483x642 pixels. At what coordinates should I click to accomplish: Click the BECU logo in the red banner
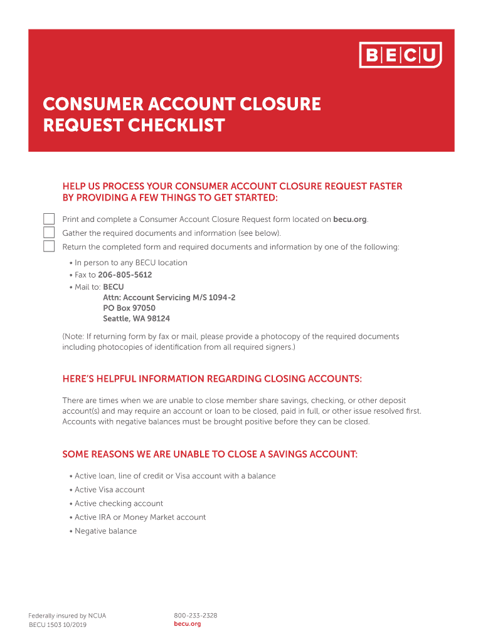(400, 55)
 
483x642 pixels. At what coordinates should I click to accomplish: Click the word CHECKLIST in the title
(176, 125)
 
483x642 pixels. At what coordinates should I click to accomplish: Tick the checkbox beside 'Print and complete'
(49, 219)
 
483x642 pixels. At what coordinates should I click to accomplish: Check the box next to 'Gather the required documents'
(49, 233)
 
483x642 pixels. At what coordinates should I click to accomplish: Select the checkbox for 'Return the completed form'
(49, 246)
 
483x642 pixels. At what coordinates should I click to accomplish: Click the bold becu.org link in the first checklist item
(350, 219)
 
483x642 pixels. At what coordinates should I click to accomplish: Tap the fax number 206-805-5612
(125, 275)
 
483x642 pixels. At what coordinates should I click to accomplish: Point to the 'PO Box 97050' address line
(129, 308)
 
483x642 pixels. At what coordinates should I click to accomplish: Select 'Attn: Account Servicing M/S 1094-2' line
(169, 297)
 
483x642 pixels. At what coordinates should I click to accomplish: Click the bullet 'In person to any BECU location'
(130, 263)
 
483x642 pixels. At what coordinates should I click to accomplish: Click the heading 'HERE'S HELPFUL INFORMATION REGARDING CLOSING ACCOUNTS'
(212, 379)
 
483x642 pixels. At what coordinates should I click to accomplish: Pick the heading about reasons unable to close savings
(210, 455)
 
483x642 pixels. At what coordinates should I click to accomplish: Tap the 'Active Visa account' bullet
(109, 490)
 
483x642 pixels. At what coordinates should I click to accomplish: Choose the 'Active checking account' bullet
(119, 503)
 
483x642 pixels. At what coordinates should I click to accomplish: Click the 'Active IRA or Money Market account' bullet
(140, 517)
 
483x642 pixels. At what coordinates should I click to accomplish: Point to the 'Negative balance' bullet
(105, 531)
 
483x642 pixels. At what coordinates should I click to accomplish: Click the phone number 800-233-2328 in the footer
(195, 616)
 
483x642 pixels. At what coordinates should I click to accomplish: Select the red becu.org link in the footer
(187, 624)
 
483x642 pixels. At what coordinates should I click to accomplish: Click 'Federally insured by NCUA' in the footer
(67, 616)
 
